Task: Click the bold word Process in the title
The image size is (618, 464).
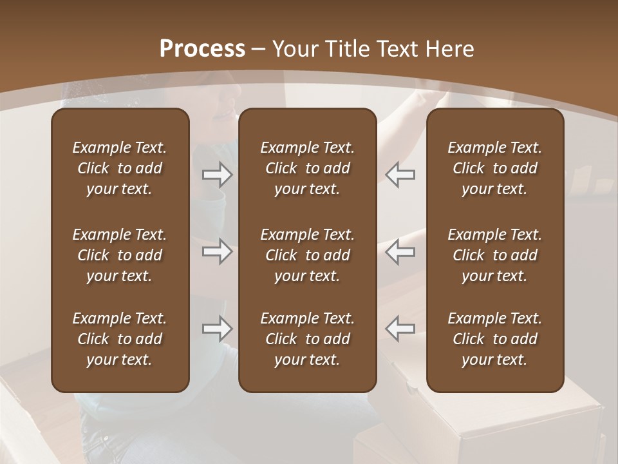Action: [202, 49]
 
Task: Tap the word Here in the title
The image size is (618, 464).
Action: [449, 49]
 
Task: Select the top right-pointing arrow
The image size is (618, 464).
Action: [218, 175]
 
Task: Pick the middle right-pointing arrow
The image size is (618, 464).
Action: [218, 251]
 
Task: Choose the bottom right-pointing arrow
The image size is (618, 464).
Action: [218, 329]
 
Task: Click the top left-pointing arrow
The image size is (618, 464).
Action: [400, 175]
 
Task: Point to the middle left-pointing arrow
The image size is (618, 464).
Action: [400, 251]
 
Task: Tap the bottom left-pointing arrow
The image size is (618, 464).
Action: [400, 329]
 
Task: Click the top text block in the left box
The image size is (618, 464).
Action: [120, 168]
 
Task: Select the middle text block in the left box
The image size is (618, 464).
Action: [120, 255]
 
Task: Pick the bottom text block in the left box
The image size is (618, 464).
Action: [120, 339]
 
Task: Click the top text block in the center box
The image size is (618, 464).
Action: [308, 168]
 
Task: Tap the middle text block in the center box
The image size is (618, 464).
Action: [308, 255]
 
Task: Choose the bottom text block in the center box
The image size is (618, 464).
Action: [308, 339]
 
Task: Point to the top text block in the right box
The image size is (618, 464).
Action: [495, 168]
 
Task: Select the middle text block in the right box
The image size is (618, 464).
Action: [495, 255]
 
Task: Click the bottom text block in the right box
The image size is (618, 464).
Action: [495, 339]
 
